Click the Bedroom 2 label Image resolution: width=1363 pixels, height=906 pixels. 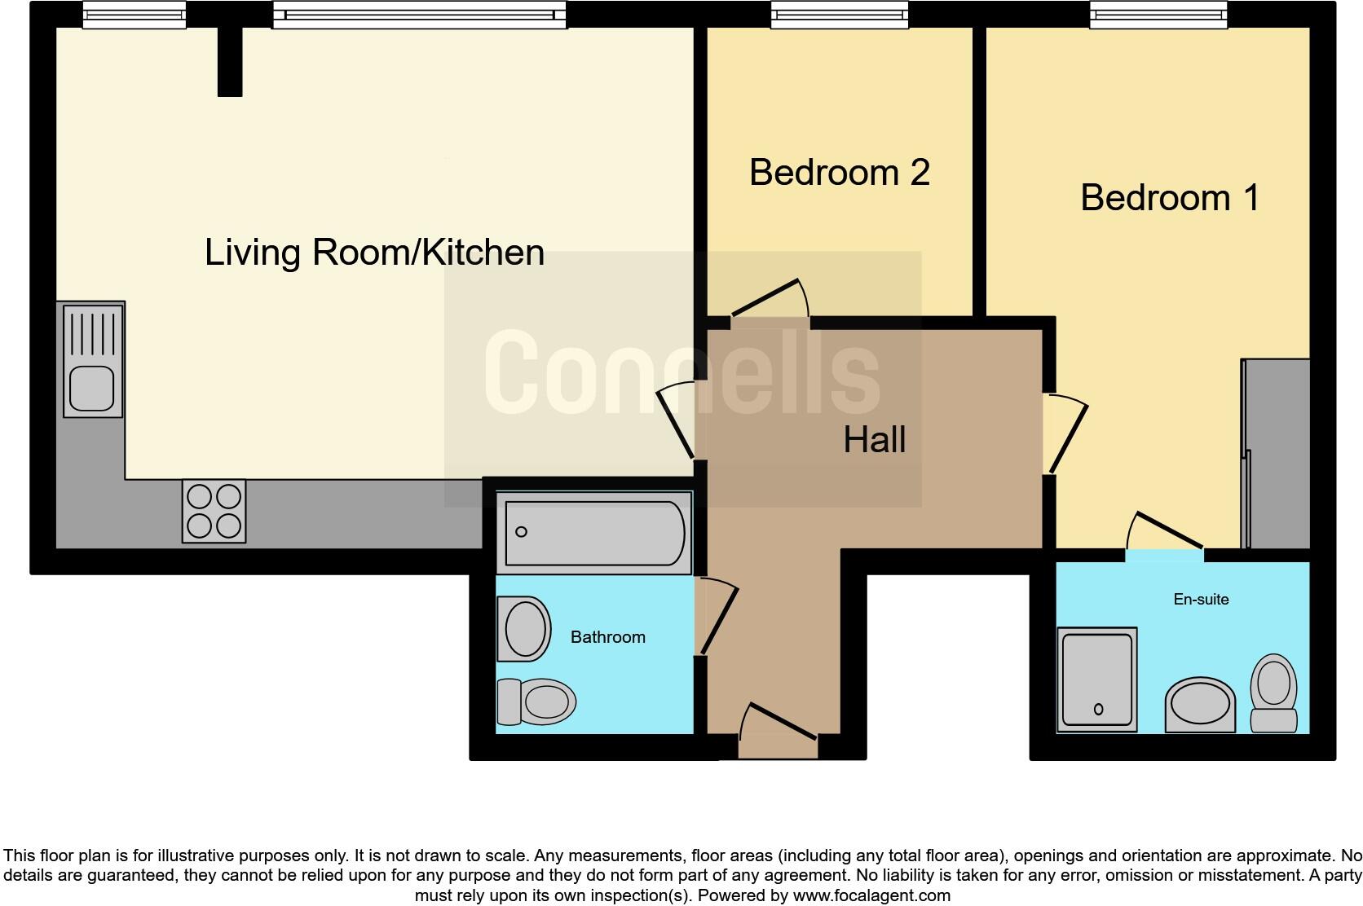coord(839,173)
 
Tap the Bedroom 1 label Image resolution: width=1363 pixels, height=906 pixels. coord(1170,198)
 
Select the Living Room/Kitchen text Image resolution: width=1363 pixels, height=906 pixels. coord(374,253)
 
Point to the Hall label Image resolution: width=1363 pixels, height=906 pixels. coord(874,440)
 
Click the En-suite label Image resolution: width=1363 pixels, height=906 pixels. coord(1201,600)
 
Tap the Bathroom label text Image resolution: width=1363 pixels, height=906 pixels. coord(607,637)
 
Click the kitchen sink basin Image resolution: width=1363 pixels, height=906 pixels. coord(91,388)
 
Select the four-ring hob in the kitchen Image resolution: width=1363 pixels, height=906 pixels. coord(214,511)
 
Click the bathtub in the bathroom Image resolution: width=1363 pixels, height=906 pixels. coord(594,533)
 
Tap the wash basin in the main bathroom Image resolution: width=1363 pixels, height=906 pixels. coord(523,628)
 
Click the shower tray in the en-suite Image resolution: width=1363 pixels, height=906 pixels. coord(1096,679)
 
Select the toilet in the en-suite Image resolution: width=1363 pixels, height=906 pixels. coord(1273,692)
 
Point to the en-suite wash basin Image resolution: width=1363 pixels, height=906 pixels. coord(1200,704)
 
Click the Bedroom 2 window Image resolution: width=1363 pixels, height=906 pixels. coord(840,15)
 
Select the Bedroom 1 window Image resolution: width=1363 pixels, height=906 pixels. coord(1158,15)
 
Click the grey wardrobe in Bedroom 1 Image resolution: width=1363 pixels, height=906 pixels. coord(1277,453)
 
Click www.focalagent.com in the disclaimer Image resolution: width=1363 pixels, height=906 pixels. coord(871,895)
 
